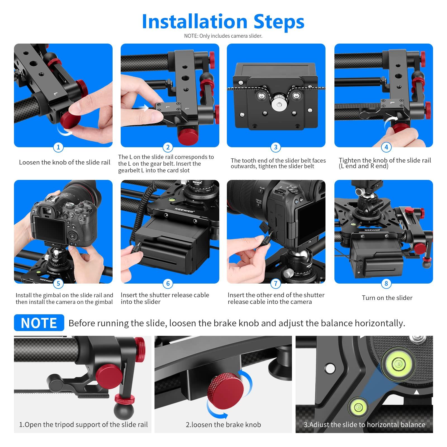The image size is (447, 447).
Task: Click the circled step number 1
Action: click(x=58, y=147)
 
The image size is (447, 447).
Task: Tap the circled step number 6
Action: click(x=168, y=284)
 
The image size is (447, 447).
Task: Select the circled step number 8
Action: click(x=386, y=284)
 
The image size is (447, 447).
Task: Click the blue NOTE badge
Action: click(x=39, y=323)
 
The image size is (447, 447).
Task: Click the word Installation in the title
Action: click(x=195, y=22)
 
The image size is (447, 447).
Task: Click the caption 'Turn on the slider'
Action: click(x=387, y=298)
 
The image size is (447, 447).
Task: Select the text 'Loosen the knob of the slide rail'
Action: click(x=65, y=162)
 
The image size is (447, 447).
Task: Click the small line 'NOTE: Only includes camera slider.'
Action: click(x=223, y=36)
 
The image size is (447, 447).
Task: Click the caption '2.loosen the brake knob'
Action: click(x=223, y=425)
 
